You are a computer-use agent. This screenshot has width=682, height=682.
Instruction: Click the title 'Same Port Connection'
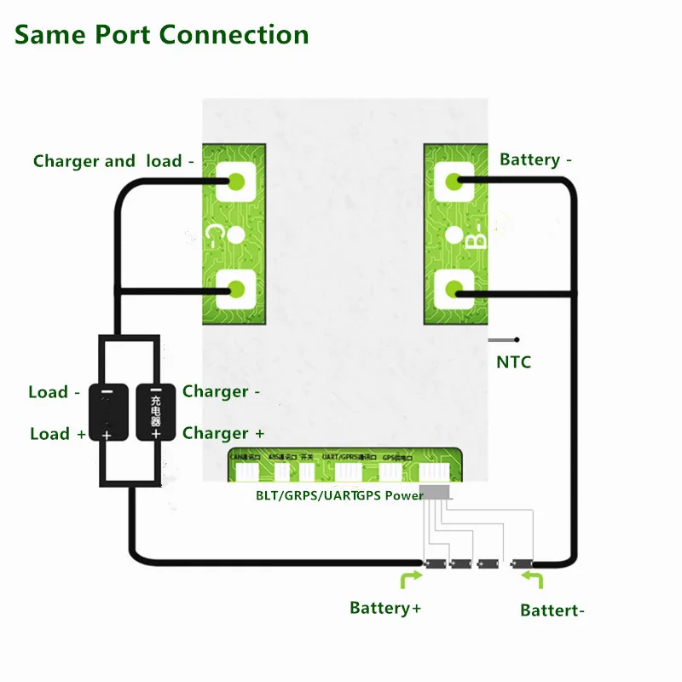(x=162, y=35)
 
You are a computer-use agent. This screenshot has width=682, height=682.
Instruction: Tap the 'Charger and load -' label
(x=113, y=161)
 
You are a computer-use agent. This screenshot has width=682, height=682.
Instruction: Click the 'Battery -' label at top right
(x=535, y=159)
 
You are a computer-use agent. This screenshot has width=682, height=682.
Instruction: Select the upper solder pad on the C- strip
(x=236, y=181)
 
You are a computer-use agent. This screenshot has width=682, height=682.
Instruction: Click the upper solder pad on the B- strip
(x=454, y=181)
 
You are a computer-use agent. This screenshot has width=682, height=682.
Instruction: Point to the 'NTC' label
(x=513, y=362)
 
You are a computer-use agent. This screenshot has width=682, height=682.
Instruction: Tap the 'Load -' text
(x=54, y=392)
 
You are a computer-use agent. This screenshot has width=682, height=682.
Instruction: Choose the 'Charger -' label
(x=221, y=391)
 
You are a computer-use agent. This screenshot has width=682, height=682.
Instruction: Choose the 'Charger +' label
(x=223, y=433)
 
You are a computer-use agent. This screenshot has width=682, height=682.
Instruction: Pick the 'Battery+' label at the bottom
(x=385, y=608)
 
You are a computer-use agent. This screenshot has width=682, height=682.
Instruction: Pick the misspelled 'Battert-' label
(x=552, y=610)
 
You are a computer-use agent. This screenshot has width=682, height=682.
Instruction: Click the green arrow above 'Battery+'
(x=409, y=581)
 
